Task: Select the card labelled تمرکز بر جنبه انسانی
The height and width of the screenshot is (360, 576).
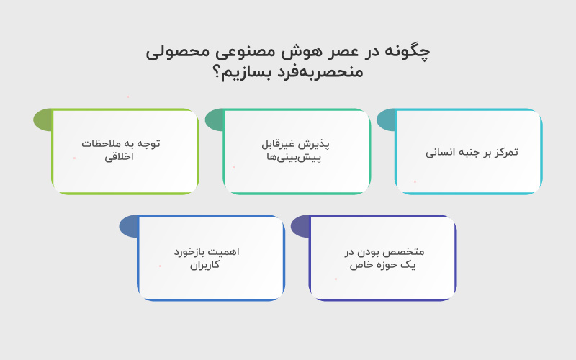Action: pos(468,152)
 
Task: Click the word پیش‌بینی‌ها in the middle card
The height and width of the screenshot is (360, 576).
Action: pos(297,157)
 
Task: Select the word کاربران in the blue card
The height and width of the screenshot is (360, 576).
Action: pos(205,265)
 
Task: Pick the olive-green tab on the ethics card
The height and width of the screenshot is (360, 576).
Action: pos(43,120)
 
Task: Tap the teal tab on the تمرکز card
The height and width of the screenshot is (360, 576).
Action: pos(386,120)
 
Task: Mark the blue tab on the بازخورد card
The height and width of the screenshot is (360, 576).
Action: pos(129,226)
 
